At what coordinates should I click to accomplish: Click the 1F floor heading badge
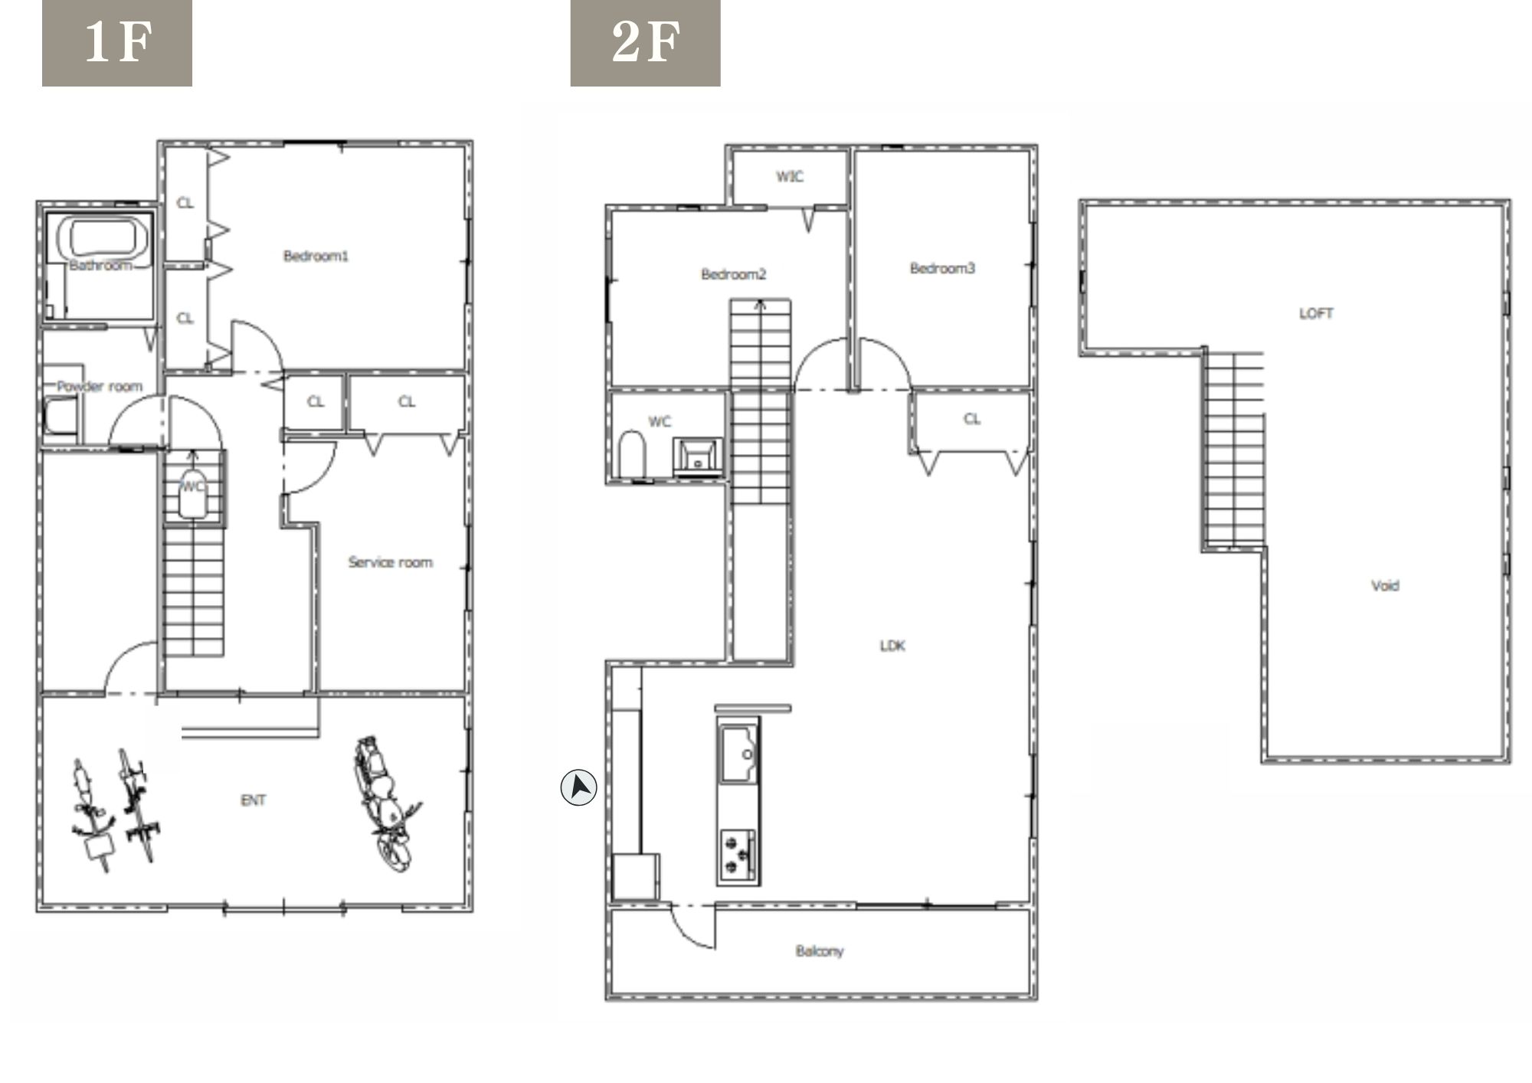pyautogui.click(x=116, y=43)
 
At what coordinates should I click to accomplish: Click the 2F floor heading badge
pyautogui.click(x=645, y=43)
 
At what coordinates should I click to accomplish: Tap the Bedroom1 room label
pyautogui.click(x=316, y=256)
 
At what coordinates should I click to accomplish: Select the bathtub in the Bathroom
pyautogui.click(x=106, y=237)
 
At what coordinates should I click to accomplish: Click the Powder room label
pyautogui.click(x=100, y=386)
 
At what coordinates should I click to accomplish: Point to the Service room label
pyautogui.click(x=390, y=562)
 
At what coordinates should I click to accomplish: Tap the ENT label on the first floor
pyautogui.click(x=254, y=800)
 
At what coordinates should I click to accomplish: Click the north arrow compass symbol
pyautogui.click(x=579, y=787)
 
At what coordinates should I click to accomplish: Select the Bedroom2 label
pyautogui.click(x=733, y=273)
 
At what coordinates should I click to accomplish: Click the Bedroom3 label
pyautogui.click(x=942, y=268)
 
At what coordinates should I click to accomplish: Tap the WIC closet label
pyautogui.click(x=790, y=177)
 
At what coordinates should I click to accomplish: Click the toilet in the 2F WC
pyautogui.click(x=632, y=454)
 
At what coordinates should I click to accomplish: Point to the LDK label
pyautogui.click(x=892, y=646)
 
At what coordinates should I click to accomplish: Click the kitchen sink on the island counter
pyautogui.click(x=740, y=754)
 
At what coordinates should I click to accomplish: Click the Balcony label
pyautogui.click(x=820, y=951)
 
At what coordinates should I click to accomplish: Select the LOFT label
pyautogui.click(x=1316, y=313)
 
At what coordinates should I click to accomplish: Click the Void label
pyautogui.click(x=1385, y=586)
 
